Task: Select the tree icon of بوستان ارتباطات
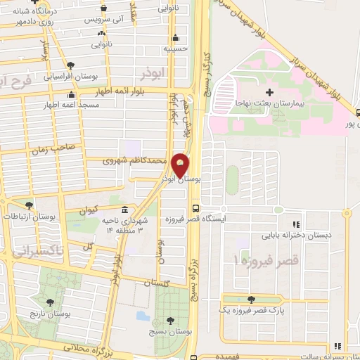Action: (29, 205)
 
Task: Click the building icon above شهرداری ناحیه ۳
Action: (124, 210)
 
